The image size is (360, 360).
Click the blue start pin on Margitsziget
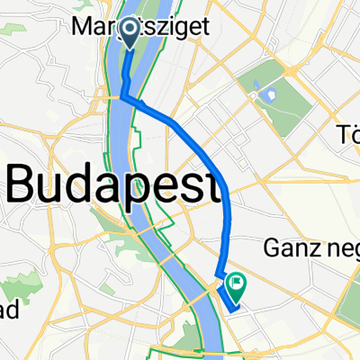tap(129, 32)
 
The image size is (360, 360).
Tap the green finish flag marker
tap(237, 285)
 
